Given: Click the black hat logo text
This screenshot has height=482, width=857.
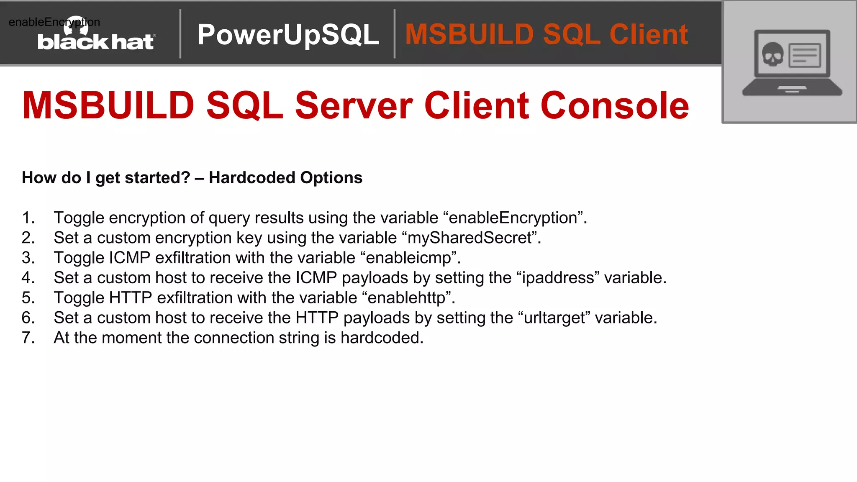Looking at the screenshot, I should click(x=96, y=42).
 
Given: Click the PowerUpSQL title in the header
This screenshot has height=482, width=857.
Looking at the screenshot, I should click(x=288, y=34).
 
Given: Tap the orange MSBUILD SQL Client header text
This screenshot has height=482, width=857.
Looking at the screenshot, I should click(x=546, y=34).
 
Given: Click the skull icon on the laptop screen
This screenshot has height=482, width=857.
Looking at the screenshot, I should click(x=772, y=54).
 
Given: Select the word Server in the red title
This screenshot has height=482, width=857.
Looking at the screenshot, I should click(x=354, y=105).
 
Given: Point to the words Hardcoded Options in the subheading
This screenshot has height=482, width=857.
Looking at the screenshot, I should click(x=285, y=178).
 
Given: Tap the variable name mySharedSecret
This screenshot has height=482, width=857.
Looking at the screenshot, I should click(x=470, y=238).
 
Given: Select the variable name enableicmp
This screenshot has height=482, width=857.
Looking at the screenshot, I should click(x=408, y=258).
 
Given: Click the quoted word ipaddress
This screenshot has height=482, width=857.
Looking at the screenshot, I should click(x=558, y=278).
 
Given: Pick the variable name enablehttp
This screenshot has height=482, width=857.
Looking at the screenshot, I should click(x=406, y=298).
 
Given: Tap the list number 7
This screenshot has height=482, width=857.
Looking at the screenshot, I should click(x=28, y=338).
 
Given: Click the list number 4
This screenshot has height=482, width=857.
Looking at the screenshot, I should click(x=28, y=278).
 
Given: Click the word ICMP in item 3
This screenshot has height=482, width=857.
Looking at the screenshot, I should click(x=129, y=258).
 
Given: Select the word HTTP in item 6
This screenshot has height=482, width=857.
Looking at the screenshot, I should click(x=317, y=318).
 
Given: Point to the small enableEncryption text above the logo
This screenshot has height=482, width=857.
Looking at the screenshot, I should click(x=54, y=22).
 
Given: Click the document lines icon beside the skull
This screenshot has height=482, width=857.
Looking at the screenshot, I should click(x=804, y=56).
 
